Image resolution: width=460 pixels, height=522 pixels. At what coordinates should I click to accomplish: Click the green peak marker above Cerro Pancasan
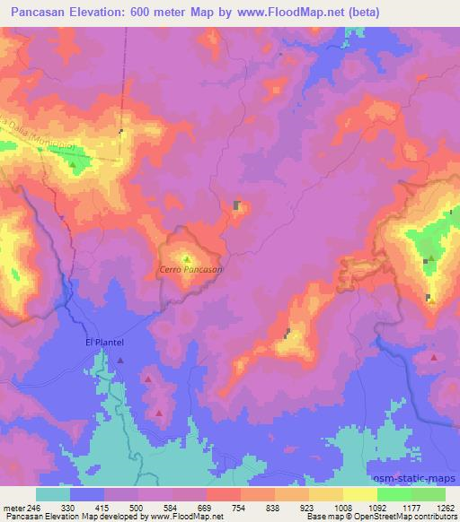click(187, 259)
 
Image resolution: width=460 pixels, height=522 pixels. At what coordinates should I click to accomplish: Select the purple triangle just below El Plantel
click(119, 361)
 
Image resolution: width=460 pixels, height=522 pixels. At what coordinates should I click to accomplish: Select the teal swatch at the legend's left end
click(52, 494)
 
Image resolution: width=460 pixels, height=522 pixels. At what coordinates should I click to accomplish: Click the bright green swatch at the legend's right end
click(429, 494)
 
